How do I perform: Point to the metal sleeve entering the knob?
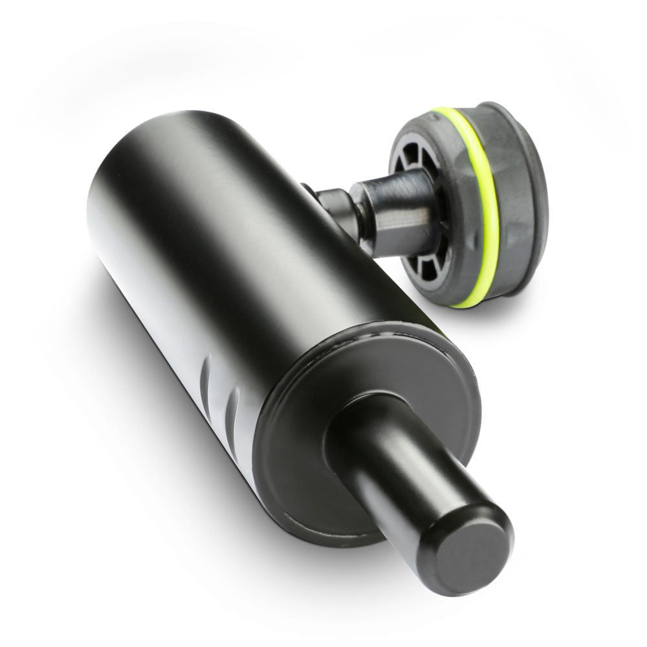pos(395,207)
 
